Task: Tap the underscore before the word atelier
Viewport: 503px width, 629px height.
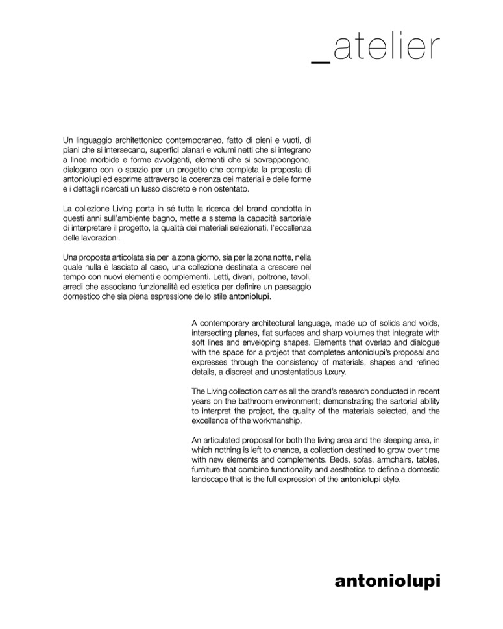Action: [321, 60]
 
